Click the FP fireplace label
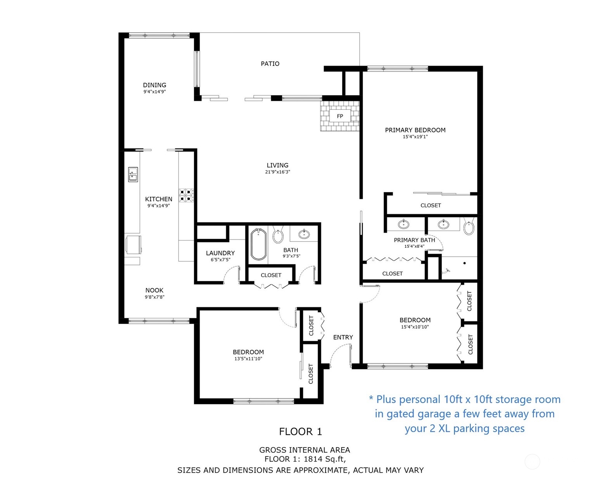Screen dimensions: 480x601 click(x=340, y=116)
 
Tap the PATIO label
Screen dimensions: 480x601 click(x=270, y=64)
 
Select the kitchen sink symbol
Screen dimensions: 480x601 click(x=133, y=174)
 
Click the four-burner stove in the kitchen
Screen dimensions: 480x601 click(x=186, y=195)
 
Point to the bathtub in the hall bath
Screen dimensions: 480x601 click(x=258, y=244)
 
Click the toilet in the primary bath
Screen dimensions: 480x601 click(x=469, y=228)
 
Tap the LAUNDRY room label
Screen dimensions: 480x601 click(x=220, y=253)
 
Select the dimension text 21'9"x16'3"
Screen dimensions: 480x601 click(x=277, y=172)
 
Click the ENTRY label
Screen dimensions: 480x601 click(x=343, y=337)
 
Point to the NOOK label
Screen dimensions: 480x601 click(x=154, y=290)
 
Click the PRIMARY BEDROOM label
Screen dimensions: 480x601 click(x=415, y=130)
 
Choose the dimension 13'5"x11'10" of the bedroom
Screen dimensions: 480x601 click(x=248, y=359)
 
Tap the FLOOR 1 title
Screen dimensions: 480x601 click(x=300, y=432)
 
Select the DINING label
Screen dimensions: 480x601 click(x=154, y=85)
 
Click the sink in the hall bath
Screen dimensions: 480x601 click(x=304, y=234)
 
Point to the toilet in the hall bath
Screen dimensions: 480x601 click(x=278, y=235)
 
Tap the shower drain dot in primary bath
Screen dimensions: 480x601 click(x=464, y=263)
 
